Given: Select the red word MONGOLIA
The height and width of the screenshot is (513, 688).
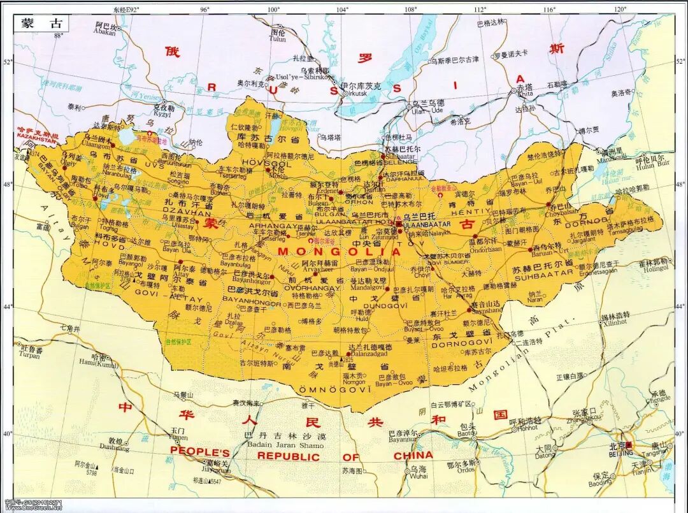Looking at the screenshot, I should coord(339,252).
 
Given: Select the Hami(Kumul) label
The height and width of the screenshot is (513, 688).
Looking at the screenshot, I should coord(99,364).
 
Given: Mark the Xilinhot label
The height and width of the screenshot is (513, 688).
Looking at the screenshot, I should coord(615,323).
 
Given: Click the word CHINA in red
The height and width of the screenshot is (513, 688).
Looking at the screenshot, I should coord(413,456).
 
